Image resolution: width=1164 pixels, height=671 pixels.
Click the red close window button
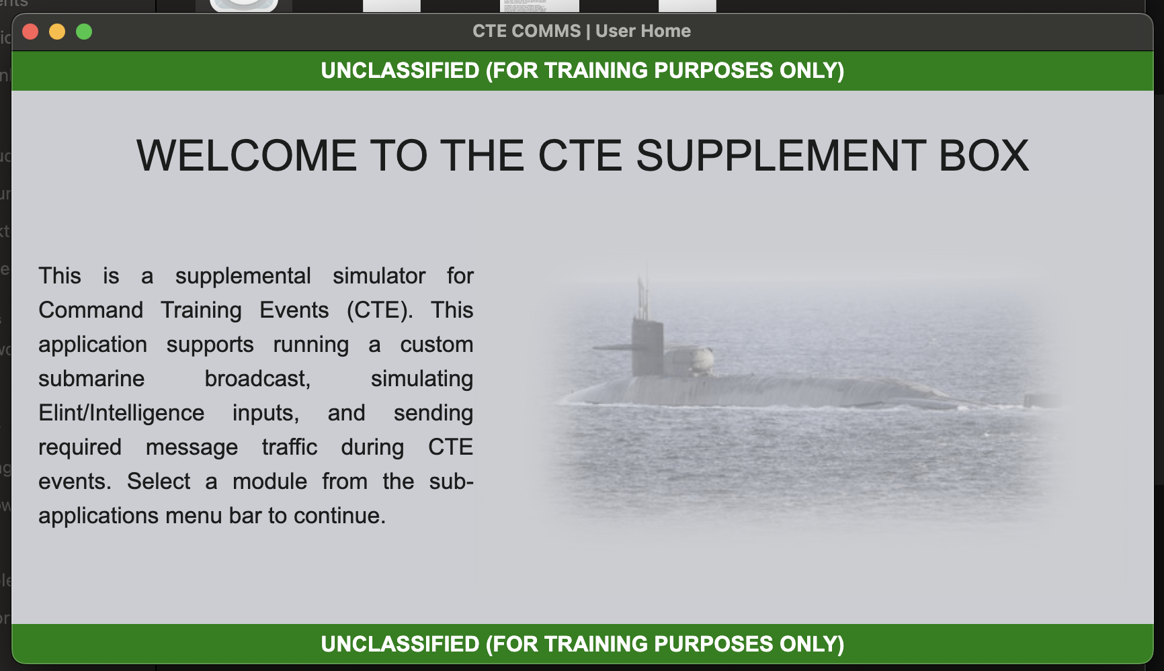tap(30, 32)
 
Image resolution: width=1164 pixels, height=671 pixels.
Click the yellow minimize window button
tap(57, 32)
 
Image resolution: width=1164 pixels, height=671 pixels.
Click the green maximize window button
tap(84, 32)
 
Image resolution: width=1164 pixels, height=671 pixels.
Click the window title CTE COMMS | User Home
tap(581, 31)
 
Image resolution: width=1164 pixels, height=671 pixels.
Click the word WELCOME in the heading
tap(247, 156)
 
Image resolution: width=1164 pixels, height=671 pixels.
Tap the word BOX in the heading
tap(983, 156)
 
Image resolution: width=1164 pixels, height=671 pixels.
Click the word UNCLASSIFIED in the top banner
tap(400, 71)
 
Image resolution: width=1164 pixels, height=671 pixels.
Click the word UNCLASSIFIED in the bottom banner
tap(400, 644)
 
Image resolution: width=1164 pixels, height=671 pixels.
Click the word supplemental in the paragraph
tap(243, 276)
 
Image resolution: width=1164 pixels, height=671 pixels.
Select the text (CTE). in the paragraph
tap(380, 310)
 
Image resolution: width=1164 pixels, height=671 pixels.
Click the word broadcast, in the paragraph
tap(257, 379)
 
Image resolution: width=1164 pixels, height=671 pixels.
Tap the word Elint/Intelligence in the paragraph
tap(121, 413)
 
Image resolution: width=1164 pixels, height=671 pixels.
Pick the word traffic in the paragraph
tap(289, 447)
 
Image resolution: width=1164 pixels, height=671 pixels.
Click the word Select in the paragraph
tap(159, 482)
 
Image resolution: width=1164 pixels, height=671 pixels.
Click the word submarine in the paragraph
tap(91, 379)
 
